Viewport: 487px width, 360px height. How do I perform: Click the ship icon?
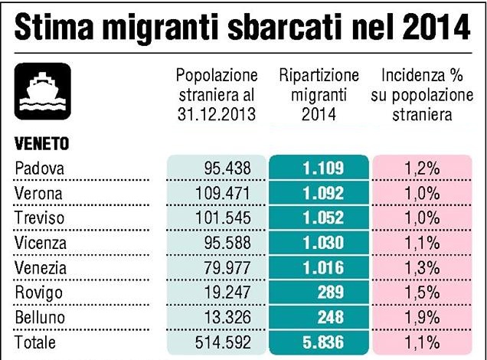[x=43, y=90]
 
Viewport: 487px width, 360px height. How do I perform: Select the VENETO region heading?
[x=41, y=143]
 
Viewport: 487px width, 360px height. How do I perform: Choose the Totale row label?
[x=36, y=342]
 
